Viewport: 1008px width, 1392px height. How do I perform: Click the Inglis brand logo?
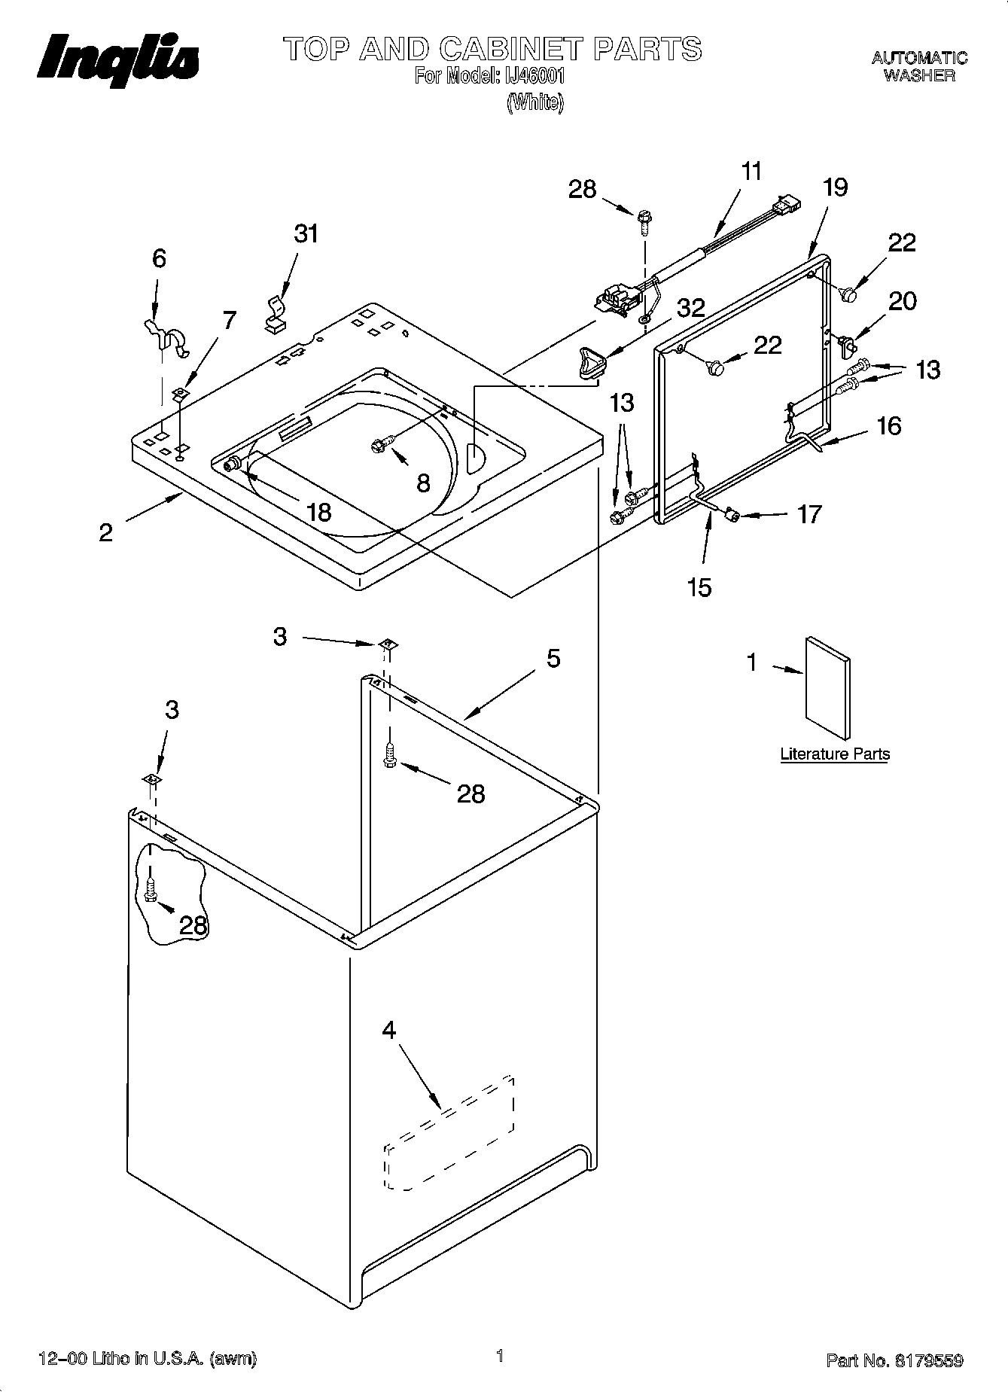tap(118, 59)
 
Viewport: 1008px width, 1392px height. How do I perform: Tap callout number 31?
tap(306, 234)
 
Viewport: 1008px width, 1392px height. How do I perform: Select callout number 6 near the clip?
tap(159, 259)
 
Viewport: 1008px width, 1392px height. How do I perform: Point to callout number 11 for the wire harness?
tap(751, 172)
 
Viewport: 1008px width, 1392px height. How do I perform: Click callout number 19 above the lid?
tap(836, 187)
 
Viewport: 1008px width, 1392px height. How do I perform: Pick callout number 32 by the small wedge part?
tap(690, 308)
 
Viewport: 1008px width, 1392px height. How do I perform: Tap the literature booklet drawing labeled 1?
tap(828, 687)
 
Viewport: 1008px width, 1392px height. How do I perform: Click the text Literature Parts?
tap(834, 754)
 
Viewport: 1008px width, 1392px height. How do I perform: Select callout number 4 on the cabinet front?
tap(388, 1030)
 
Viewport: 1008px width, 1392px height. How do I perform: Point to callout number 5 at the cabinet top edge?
tap(553, 659)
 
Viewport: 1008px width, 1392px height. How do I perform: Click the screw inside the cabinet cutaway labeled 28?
tap(150, 891)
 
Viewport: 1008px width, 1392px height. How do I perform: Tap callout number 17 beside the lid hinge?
tap(809, 514)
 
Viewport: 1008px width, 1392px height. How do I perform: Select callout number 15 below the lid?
tap(699, 586)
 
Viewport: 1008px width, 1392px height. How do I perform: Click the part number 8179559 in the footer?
tap(928, 1360)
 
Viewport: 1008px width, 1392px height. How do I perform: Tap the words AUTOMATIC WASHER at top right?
tap(919, 67)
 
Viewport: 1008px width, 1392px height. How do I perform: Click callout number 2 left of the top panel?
tap(106, 532)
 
